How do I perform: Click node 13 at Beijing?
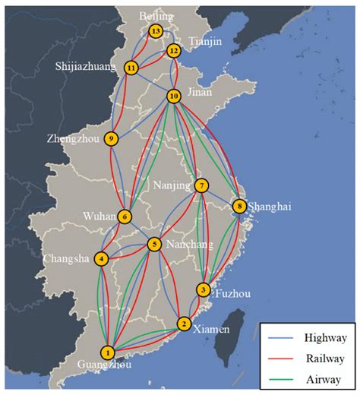point(156,31)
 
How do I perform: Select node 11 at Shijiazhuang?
point(131,68)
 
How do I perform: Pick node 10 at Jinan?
point(173,96)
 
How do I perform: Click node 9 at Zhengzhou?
point(112,138)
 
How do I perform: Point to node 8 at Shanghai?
point(240,206)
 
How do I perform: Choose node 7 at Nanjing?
point(201,185)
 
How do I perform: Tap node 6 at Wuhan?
point(125,216)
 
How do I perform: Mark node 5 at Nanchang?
point(154,244)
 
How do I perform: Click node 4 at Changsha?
point(102,259)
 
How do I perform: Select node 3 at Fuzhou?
point(204,289)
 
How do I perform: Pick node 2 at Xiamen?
point(184,324)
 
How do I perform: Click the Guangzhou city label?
point(104,365)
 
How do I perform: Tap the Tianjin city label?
point(205,43)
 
